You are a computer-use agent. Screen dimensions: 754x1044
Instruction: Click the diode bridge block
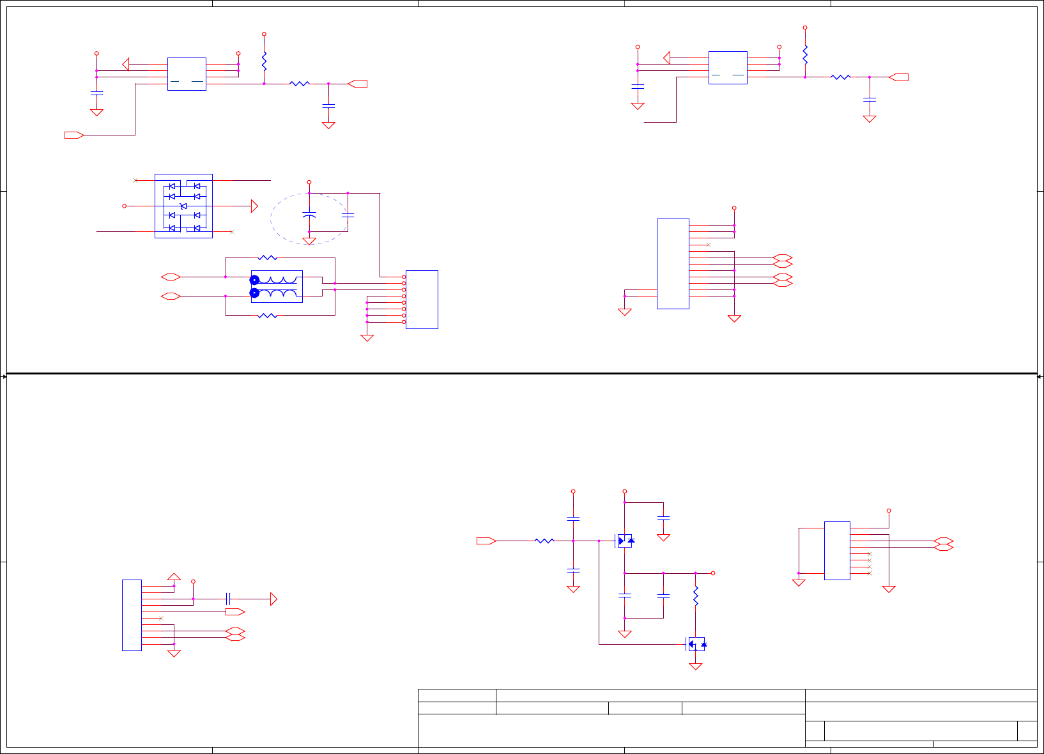183,206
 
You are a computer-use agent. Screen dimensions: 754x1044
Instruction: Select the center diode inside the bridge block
183,206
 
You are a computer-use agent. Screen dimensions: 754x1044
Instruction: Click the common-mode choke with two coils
276,286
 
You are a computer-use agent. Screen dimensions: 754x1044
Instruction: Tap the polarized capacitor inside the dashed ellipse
309,215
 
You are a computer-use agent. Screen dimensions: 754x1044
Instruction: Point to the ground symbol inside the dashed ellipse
309,241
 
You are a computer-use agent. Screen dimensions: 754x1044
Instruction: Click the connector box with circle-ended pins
422,299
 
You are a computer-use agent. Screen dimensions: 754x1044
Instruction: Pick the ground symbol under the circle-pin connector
367,338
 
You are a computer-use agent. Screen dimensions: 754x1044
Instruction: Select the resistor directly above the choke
267,258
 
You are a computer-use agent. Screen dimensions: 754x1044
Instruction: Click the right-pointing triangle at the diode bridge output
254,206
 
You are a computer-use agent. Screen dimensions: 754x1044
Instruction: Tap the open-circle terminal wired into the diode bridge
125,206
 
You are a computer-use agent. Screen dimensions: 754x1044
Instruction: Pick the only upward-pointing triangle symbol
174,576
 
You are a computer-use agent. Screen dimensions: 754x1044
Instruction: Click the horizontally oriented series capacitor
228,599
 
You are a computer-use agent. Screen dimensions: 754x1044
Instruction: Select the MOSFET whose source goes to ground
696,644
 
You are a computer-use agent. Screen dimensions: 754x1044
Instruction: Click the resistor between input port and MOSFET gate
544,541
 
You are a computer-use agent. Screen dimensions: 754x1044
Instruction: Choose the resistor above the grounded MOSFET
696,596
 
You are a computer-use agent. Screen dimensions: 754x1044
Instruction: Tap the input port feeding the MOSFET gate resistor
486,541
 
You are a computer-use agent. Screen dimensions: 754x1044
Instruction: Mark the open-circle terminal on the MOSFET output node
713,573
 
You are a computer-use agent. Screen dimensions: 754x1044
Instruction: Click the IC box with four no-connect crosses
837,551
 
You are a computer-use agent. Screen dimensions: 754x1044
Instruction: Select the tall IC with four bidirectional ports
673,263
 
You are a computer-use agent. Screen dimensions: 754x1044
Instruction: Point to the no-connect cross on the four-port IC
708,245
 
